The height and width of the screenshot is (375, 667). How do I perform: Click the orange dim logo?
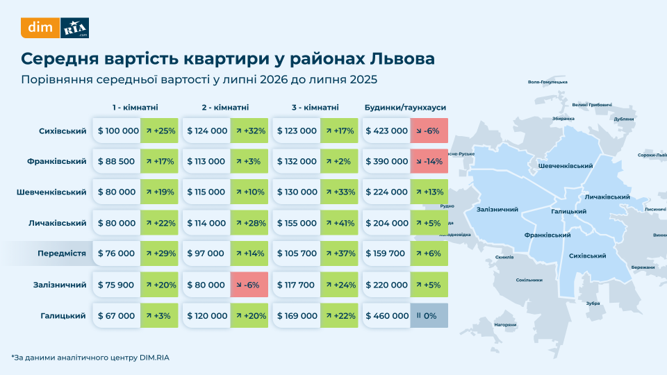tap(40, 28)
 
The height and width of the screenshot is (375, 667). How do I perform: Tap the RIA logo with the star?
tap(74, 28)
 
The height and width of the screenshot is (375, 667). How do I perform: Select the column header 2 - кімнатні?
tap(225, 108)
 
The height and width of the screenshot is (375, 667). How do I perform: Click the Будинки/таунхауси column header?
tap(405, 108)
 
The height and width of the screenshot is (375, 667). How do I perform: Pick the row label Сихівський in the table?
tap(63, 131)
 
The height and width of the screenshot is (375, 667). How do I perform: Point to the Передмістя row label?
tap(62, 253)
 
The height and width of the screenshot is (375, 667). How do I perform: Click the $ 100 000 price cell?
tap(117, 131)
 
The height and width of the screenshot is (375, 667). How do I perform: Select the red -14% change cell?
tap(429, 161)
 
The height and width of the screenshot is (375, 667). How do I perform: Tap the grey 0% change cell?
tap(429, 315)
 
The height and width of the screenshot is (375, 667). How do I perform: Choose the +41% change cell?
tap(339, 223)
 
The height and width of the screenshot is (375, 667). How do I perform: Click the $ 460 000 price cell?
tap(386, 315)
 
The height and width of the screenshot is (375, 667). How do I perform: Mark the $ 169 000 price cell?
tap(297, 315)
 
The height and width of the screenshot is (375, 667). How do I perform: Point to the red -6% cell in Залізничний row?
tap(249, 285)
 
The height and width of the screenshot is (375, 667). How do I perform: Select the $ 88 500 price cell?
tap(117, 161)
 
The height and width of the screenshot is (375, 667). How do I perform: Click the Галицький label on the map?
tap(569, 211)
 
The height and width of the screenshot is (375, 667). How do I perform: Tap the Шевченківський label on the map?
tap(566, 166)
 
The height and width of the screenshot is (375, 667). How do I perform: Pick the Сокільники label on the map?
tap(529, 280)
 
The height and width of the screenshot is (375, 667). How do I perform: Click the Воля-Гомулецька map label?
tap(547, 82)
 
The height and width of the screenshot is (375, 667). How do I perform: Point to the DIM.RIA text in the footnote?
tap(154, 358)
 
